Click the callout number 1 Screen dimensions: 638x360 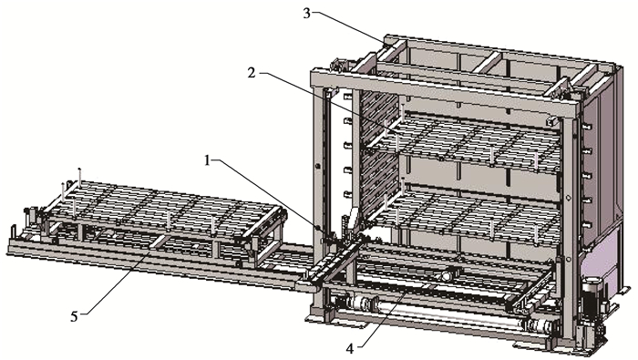click(x=208, y=160)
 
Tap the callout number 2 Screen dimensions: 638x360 click(x=252, y=73)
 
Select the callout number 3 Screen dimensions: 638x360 click(x=307, y=14)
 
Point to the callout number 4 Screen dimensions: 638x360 click(x=350, y=349)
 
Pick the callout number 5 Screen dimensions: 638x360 click(x=74, y=316)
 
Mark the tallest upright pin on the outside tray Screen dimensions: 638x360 click(x=80, y=178)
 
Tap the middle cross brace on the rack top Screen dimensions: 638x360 click(x=487, y=62)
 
